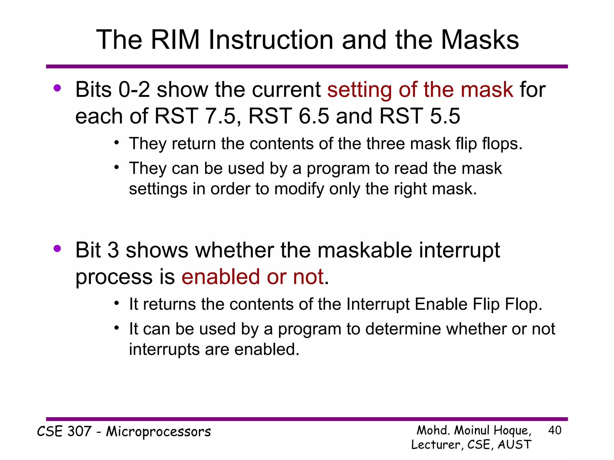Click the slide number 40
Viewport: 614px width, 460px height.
click(x=554, y=430)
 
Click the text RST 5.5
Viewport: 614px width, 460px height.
click(x=419, y=116)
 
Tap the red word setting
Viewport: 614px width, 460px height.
click(x=359, y=90)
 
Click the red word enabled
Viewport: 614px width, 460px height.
click(x=220, y=277)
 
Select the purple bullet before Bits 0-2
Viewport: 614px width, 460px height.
click(x=57, y=88)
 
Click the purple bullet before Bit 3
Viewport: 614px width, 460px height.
click(x=57, y=248)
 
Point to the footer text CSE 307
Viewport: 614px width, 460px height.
click(x=64, y=432)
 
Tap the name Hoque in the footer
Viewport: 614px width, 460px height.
click(x=512, y=431)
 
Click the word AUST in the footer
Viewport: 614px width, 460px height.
click(x=514, y=445)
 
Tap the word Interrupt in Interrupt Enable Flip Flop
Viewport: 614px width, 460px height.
click(x=378, y=304)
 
